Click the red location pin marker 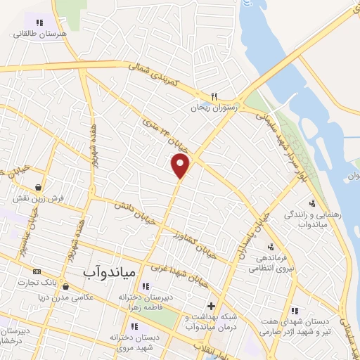pos(181,166)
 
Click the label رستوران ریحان pos(216,108)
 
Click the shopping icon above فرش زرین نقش pos(39,188)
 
